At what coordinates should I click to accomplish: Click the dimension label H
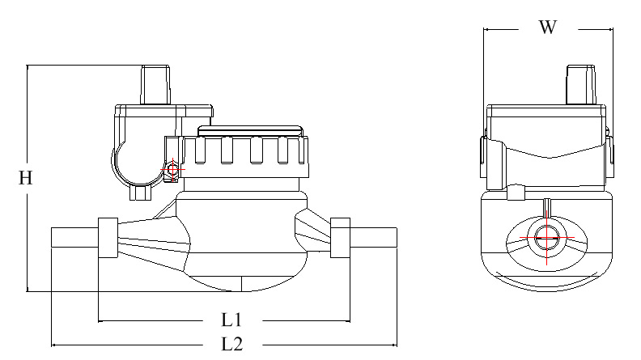click(x=26, y=179)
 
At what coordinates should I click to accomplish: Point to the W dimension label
click(x=548, y=28)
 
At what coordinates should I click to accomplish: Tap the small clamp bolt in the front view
click(x=172, y=170)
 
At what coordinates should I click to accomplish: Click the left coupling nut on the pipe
click(x=108, y=238)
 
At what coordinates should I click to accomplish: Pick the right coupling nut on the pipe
click(x=340, y=238)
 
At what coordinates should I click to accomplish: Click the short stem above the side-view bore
click(x=547, y=209)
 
